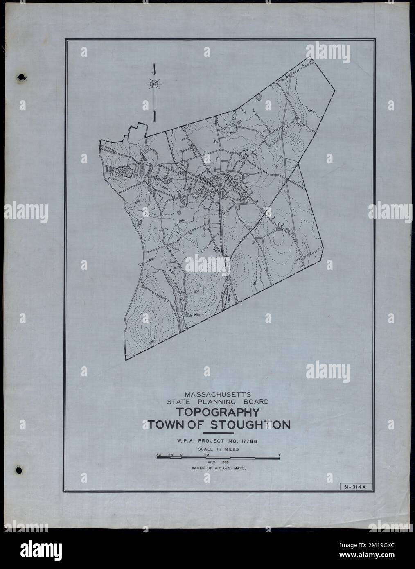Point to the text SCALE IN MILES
(x=217, y=449)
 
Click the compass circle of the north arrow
(x=154, y=84)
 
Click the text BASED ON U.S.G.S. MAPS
(x=217, y=467)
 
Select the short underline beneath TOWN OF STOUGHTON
(x=219, y=432)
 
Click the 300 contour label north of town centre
(x=245, y=151)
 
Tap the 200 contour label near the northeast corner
(x=312, y=111)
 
